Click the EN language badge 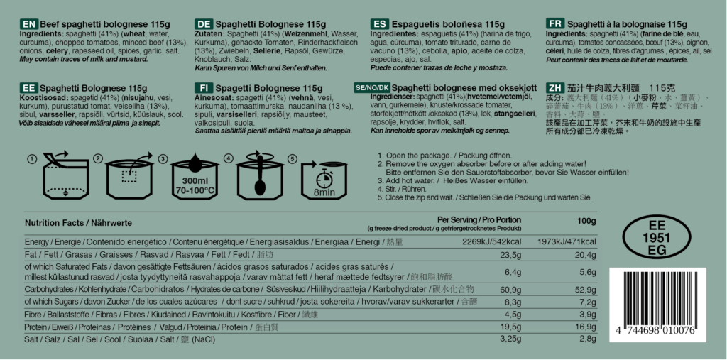click(x=29, y=24)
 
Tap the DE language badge click(x=204, y=24)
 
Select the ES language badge click(x=380, y=24)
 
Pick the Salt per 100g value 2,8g click(x=587, y=340)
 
